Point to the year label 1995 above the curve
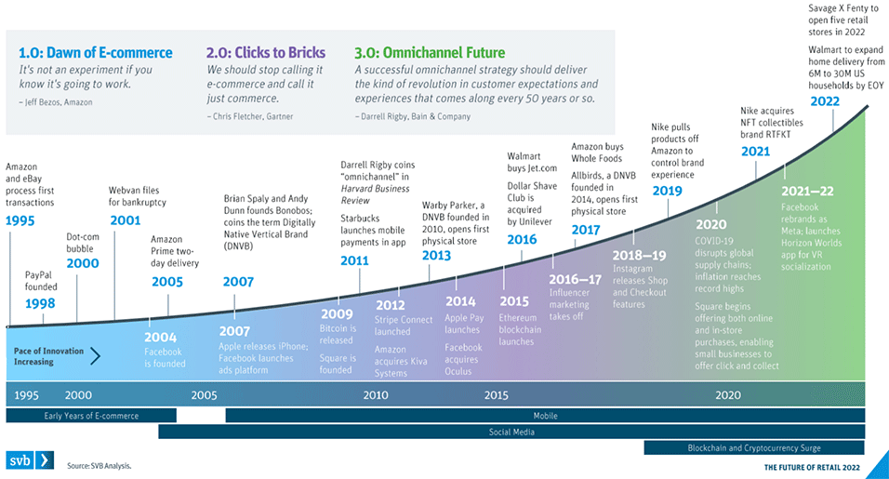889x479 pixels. [21, 220]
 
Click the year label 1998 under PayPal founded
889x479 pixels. [41, 304]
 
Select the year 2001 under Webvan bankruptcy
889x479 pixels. [126, 220]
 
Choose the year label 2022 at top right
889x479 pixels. [828, 100]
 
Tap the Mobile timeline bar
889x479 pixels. [545, 416]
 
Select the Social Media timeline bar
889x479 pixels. [511, 432]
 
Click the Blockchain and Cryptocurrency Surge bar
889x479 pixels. [754, 447]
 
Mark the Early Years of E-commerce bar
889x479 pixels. [91, 416]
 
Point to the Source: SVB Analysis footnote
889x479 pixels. [99, 465]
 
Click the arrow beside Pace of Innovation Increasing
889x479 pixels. [94, 354]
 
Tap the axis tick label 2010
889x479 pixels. [376, 394]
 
